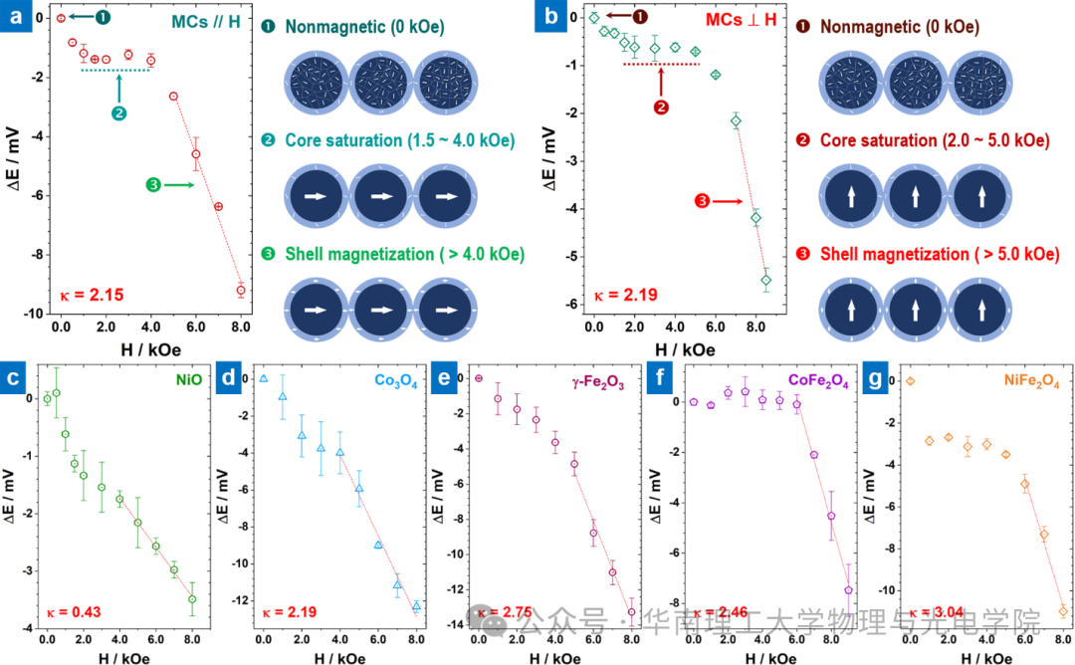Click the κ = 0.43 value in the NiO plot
pyautogui.click(x=74, y=611)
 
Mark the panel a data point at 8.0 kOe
pyautogui.click(x=241, y=290)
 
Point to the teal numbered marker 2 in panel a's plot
pyautogui.click(x=119, y=113)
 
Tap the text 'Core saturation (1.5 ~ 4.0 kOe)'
pyautogui.click(x=401, y=140)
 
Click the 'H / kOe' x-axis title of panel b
pyautogui.click(x=686, y=348)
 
